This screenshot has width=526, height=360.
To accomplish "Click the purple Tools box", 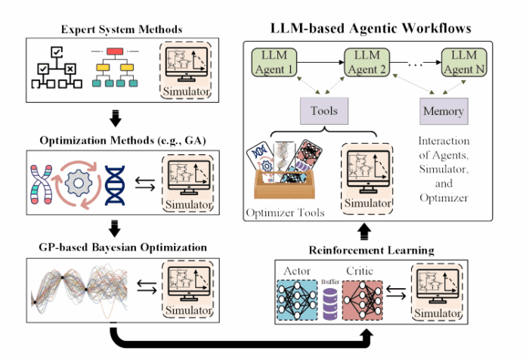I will pos(323,111).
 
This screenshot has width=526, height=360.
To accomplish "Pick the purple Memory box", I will pos(442,111).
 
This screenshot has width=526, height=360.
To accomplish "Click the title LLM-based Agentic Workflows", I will pos(370,28).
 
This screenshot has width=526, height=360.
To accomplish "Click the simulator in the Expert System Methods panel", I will pos(187,71).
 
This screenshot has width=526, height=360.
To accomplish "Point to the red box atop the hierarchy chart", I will pos(116,52).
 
